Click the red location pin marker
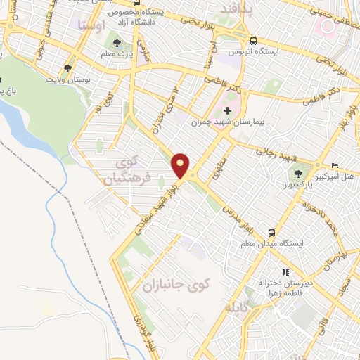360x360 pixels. tap(181, 164)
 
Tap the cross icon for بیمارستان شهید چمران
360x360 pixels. tap(226, 110)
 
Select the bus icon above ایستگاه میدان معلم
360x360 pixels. tap(271, 233)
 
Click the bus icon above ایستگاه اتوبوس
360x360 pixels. tap(252, 40)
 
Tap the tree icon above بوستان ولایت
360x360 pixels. tap(67, 69)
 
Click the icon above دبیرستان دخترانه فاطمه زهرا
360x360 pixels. tap(285, 271)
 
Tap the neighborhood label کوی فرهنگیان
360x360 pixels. tap(128, 171)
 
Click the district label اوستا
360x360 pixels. tap(93, 25)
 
